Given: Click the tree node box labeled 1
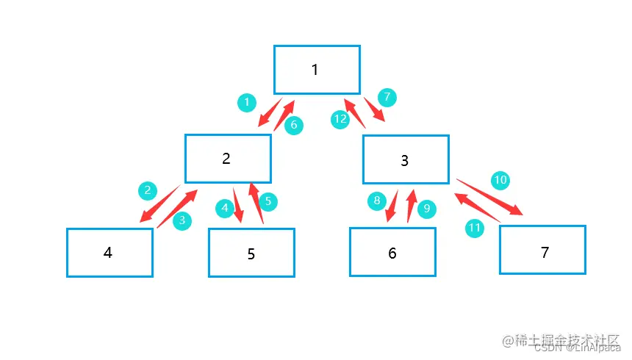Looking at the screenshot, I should coord(317,70).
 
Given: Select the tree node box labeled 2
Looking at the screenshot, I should coord(228,159).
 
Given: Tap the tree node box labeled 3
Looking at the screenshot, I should coord(406,159).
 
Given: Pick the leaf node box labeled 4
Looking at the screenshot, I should coord(109,253).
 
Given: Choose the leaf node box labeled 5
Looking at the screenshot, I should coord(251,253).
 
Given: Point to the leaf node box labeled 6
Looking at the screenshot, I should coord(392,252).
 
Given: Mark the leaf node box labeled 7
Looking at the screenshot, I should coord(542,250).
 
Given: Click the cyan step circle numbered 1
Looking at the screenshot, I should coord(247,102).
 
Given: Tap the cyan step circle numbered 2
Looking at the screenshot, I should coord(148,191).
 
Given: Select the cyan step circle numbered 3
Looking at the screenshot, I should coord(182,220).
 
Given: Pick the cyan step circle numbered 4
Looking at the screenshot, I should coord(225,209).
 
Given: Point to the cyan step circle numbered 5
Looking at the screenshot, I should coord(268,200).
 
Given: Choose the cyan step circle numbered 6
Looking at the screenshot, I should coord(293,125).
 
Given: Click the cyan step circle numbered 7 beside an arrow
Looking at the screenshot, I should coord(387,96).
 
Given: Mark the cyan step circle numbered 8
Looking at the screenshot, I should coord(376,200).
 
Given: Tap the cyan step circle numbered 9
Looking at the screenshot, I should coord(426,209).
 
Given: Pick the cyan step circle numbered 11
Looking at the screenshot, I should coord(475,228).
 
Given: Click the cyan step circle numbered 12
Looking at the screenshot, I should coord(340,119).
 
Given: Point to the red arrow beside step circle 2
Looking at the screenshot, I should coord(160,205).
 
